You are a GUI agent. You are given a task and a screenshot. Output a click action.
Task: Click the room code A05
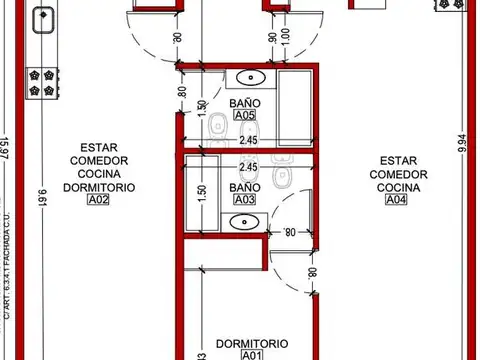245,116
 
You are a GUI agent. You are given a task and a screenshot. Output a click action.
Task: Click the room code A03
245,200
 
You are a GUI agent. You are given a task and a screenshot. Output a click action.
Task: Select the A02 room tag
98,200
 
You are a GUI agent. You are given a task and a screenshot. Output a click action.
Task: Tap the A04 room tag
398,200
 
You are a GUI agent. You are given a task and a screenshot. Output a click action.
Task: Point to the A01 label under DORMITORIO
250,354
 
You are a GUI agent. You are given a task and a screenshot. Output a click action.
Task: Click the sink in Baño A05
249,79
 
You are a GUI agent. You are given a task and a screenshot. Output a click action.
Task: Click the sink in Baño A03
244,223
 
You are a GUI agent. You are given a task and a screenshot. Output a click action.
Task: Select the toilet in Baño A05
216,123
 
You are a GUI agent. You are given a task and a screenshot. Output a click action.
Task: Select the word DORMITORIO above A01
250,341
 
